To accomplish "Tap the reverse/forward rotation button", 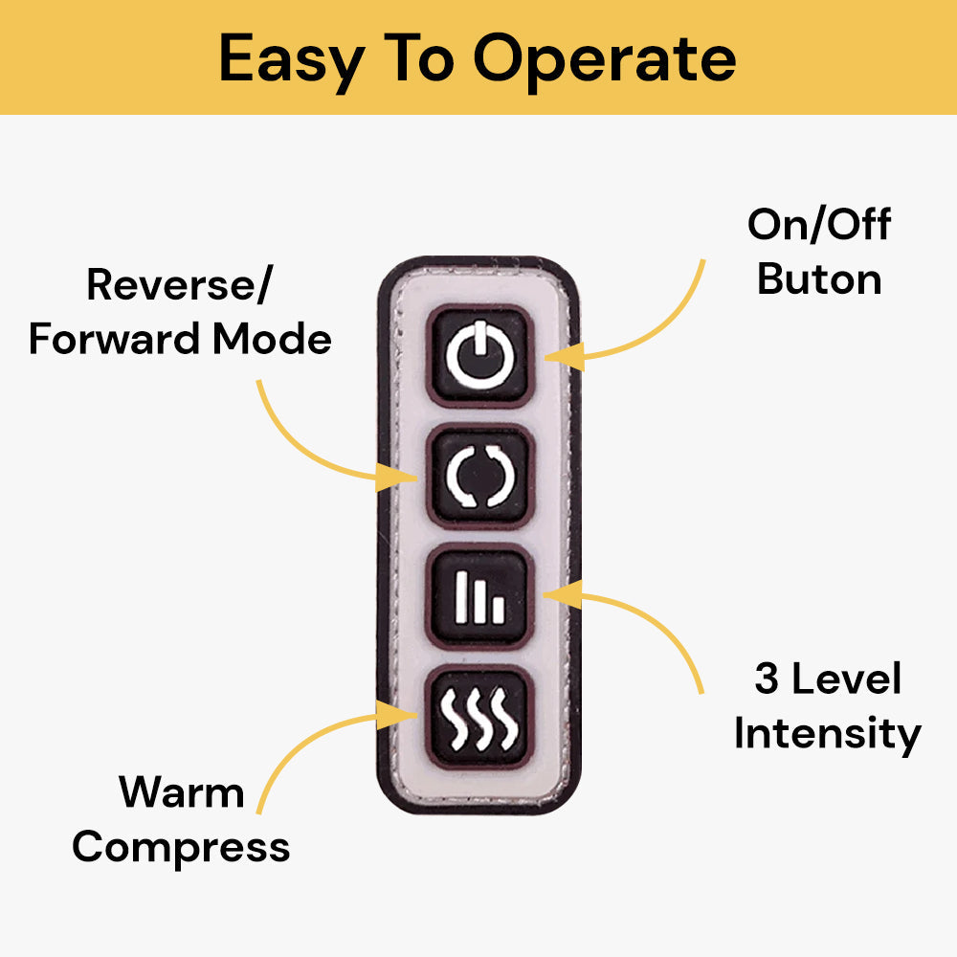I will pyautogui.click(x=479, y=477).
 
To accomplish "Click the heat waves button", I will pyautogui.click(x=479, y=718).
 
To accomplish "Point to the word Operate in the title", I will pyautogui.click(x=605, y=59).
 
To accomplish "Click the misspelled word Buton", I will pyautogui.click(x=819, y=279).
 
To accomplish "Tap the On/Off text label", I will pyautogui.click(x=819, y=225).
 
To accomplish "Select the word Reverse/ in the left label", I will pyautogui.click(x=178, y=284).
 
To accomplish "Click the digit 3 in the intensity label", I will pyautogui.click(x=767, y=679).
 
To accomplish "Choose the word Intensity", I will pyautogui.click(x=827, y=734).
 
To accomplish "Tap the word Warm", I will pyautogui.click(x=181, y=792).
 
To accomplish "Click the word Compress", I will pyautogui.click(x=181, y=847).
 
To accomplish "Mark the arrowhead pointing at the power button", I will pyautogui.click(x=560, y=358).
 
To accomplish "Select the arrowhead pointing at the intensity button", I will pyautogui.click(x=558, y=594).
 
